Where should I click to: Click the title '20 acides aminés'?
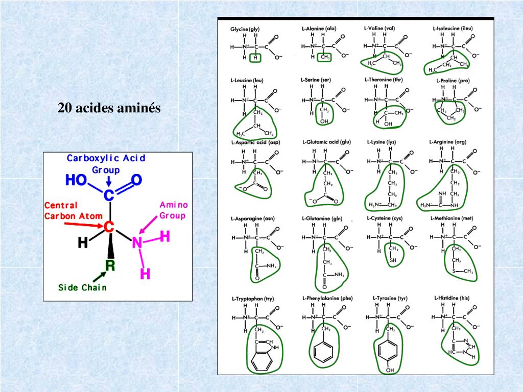point(109,108)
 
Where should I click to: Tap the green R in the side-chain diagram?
point(110,265)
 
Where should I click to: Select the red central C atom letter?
point(108,227)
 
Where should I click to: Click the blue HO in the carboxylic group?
point(76,180)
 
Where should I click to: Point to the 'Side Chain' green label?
point(82,287)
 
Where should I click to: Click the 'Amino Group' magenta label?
point(173,210)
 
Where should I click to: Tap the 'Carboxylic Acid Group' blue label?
point(106,163)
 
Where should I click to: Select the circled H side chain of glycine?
point(255,58)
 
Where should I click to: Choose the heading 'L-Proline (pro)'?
point(453,80)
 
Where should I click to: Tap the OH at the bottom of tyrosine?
point(390,369)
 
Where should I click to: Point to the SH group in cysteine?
point(393,260)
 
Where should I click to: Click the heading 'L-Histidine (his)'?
point(451,298)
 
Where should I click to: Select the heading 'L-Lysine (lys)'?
point(382,141)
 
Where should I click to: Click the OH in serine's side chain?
point(324,120)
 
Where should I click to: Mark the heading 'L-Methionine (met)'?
point(452,218)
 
